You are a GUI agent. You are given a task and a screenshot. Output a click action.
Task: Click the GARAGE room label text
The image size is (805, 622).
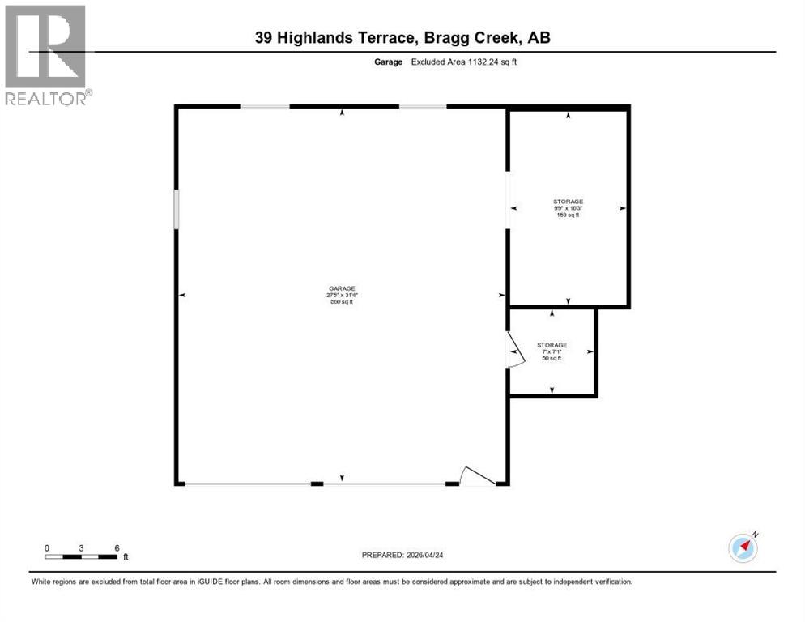coord(341,288)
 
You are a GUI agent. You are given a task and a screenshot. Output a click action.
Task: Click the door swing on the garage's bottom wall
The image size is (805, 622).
coord(476,476)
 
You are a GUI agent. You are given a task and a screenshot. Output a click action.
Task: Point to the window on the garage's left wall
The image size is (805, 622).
coord(177,208)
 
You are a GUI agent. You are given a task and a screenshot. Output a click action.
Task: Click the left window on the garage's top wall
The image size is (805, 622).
coord(264,107)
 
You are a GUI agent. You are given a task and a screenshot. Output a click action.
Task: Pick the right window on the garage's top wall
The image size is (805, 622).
coord(422,107)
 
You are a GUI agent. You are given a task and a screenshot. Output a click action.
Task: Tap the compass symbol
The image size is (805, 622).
coord(743,547)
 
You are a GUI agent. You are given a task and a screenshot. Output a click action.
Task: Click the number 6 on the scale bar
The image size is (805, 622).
coord(117,547)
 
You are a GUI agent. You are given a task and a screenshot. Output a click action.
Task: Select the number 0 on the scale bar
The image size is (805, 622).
coord(47,547)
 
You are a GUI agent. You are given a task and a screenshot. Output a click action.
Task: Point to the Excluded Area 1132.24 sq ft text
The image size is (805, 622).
coord(464,62)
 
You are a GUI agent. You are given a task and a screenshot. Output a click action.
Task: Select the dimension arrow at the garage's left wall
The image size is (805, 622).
coord(182,296)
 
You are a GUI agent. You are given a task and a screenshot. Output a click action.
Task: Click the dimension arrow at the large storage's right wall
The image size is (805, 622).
coord(622,208)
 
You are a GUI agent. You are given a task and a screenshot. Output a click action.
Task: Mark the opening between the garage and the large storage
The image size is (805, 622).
coord(508,199)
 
